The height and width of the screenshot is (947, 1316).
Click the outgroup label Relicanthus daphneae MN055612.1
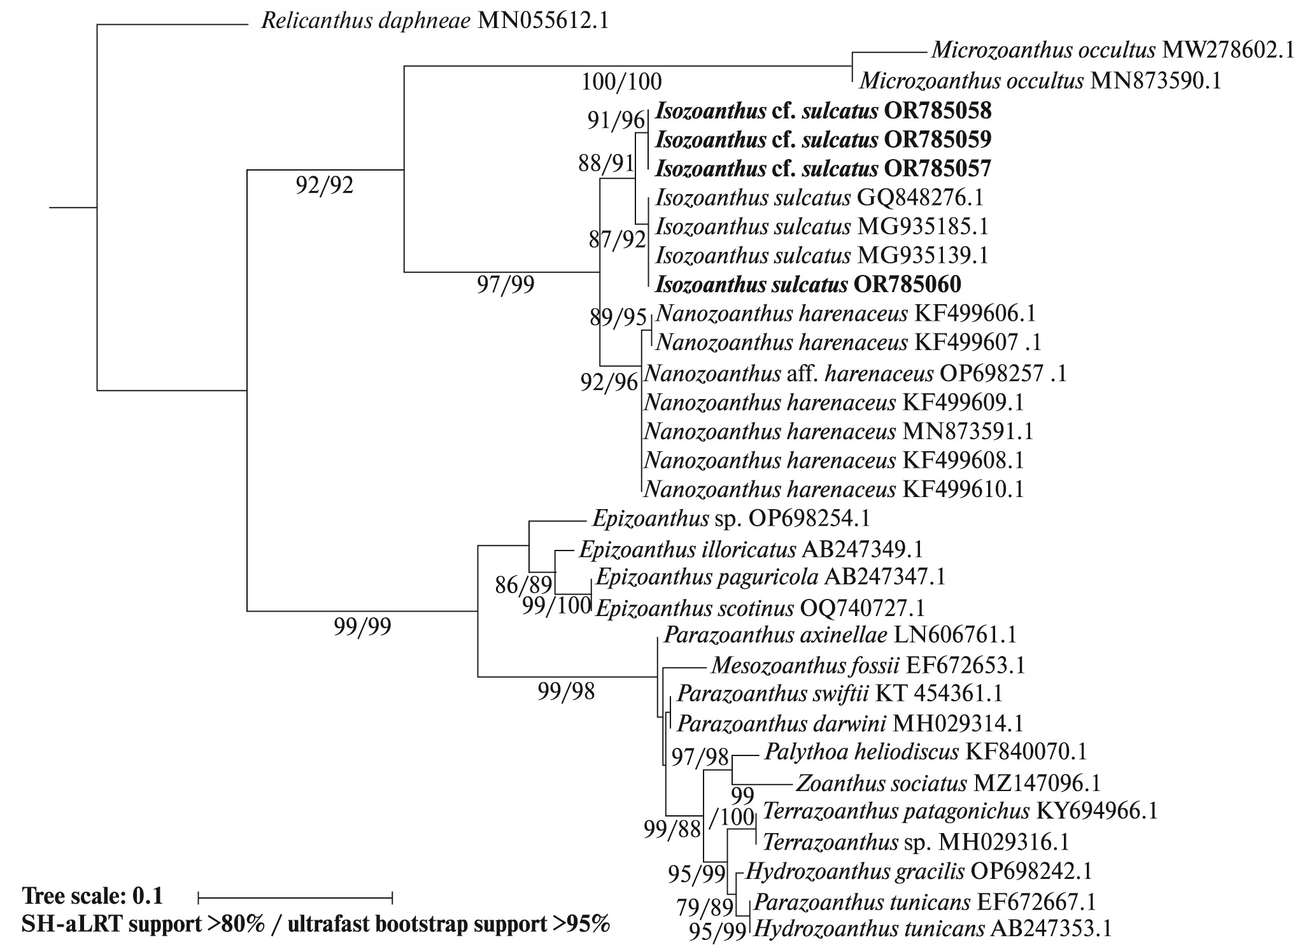click(435, 22)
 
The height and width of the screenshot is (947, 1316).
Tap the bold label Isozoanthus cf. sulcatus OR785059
click(823, 139)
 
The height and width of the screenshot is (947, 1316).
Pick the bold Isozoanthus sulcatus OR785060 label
click(809, 284)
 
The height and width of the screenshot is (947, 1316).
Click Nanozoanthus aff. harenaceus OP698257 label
click(855, 372)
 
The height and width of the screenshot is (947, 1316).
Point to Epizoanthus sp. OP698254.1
click(730, 519)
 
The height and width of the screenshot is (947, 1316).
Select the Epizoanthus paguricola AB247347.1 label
click(770, 577)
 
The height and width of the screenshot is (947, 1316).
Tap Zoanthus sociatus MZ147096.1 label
click(948, 783)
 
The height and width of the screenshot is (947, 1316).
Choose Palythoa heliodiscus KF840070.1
click(926, 752)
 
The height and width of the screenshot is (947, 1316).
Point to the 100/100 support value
click(621, 81)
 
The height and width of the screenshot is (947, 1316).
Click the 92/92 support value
click(325, 185)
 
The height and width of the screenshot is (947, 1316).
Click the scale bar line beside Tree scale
click(295, 898)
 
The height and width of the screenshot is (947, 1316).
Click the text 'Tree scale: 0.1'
click(92, 896)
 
